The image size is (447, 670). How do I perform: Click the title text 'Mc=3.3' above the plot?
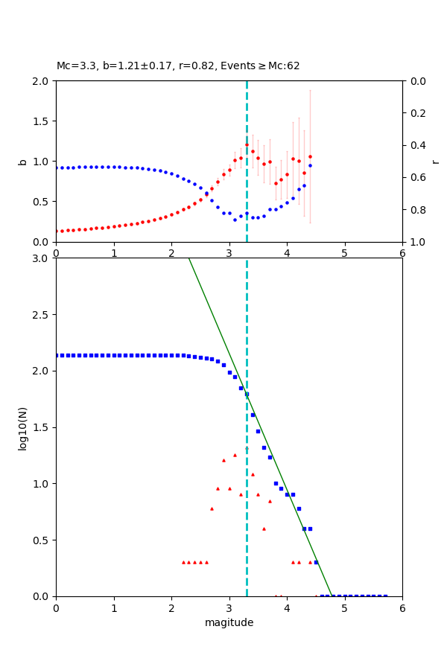[x=73, y=66]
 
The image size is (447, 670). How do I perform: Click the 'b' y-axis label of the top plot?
[x=22, y=162]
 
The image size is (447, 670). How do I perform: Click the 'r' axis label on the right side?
[x=435, y=162]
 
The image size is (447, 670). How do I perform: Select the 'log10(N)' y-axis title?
[x=22, y=427]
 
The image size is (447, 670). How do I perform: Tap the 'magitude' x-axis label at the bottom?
[x=229, y=622]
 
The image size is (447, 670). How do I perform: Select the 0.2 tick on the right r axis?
[x=415, y=113]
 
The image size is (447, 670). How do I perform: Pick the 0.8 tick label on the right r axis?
[x=415, y=210]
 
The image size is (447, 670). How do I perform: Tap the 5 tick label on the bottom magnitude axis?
[x=344, y=608]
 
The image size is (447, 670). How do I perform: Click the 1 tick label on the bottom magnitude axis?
[x=113, y=608]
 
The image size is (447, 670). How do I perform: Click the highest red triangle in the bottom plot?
[x=235, y=455]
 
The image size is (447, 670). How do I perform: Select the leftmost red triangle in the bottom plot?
[x=183, y=562]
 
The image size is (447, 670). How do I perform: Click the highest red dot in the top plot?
[x=247, y=145]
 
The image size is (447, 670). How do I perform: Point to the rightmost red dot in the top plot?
[x=310, y=157]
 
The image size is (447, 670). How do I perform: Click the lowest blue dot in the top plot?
[x=235, y=220]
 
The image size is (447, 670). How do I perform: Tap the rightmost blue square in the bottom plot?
[x=385, y=596]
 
